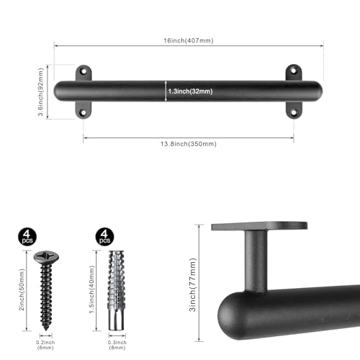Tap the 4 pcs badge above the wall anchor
104,235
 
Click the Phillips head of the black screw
44,257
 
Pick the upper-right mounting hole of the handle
293,71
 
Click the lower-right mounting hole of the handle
293,111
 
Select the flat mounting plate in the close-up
259,226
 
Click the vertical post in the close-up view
256,259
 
